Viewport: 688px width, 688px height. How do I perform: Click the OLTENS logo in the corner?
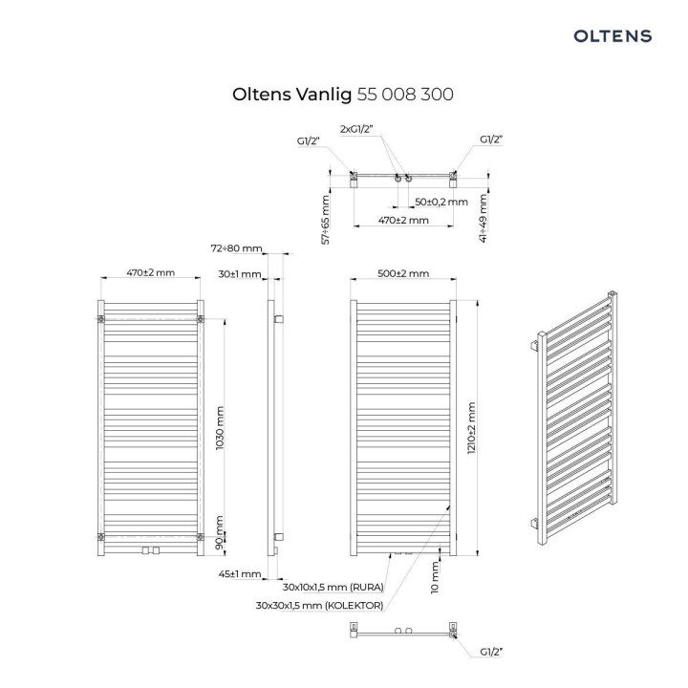(x=612, y=35)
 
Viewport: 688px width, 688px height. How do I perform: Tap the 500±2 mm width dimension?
(x=402, y=273)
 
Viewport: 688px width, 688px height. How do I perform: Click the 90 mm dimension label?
(x=220, y=527)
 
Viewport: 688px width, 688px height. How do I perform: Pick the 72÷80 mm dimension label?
(x=235, y=248)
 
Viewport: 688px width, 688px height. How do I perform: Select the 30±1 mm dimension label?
(x=239, y=274)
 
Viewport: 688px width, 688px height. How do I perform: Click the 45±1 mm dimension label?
(x=239, y=574)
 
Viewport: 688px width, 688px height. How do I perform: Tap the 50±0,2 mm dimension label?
(x=441, y=202)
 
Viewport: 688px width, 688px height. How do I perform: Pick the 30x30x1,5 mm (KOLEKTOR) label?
(x=320, y=605)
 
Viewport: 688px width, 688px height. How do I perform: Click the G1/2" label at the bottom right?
(x=489, y=652)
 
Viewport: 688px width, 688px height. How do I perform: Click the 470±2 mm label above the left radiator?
(x=151, y=273)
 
